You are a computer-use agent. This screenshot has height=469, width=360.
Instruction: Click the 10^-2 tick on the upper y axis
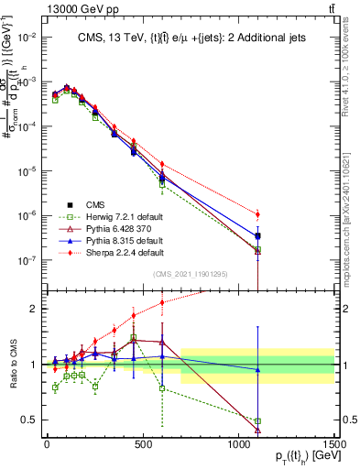[x=25, y=38]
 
